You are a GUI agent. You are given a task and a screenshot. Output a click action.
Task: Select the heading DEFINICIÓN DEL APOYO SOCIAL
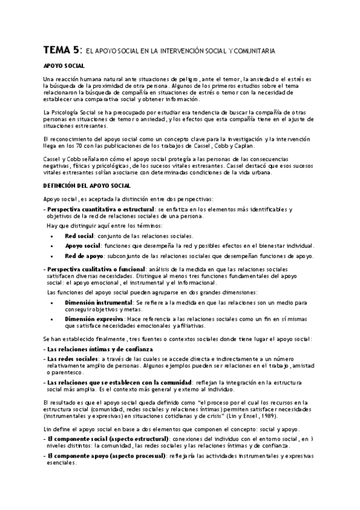click(x=91, y=186)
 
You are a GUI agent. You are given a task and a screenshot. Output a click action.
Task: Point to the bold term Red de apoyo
click(x=84, y=256)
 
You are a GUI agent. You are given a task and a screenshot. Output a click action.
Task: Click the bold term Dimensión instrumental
click(x=99, y=302)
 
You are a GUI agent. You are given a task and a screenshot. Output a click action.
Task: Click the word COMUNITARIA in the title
click(x=254, y=52)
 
